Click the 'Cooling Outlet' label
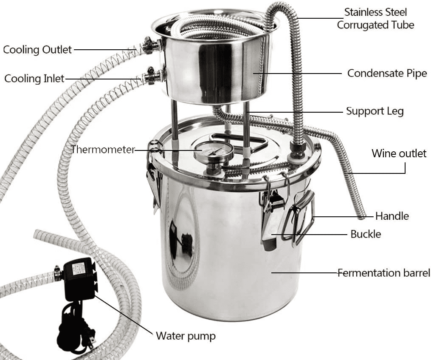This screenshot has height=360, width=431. pyautogui.click(x=37, y=50)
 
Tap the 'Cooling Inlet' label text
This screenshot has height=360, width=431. pyautogui.click(x=34, y=79)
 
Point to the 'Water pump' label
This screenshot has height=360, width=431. pyautogui.click(x=186, y=336)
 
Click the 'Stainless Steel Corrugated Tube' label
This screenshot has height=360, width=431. pyautogui.click(x=375, y=18)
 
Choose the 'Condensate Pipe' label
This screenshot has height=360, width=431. pyautogui.click(x=387, y=73)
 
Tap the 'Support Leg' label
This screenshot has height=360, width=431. pyautogui.click(x=375, y=111)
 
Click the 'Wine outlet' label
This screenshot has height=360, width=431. pyautogui.click(x=399, y=153)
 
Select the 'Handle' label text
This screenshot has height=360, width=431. pyautogui.click(x=392, y=216)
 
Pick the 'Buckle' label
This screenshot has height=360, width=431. pyautogui.click(x=366, y=234)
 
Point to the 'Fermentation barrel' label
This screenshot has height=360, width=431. pyautogui.click(x=384, y=273)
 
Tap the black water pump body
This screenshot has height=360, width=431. pyautogui.click(x=79, y=278)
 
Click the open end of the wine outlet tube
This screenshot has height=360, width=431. pyautogui.click(x=362, y=217)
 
